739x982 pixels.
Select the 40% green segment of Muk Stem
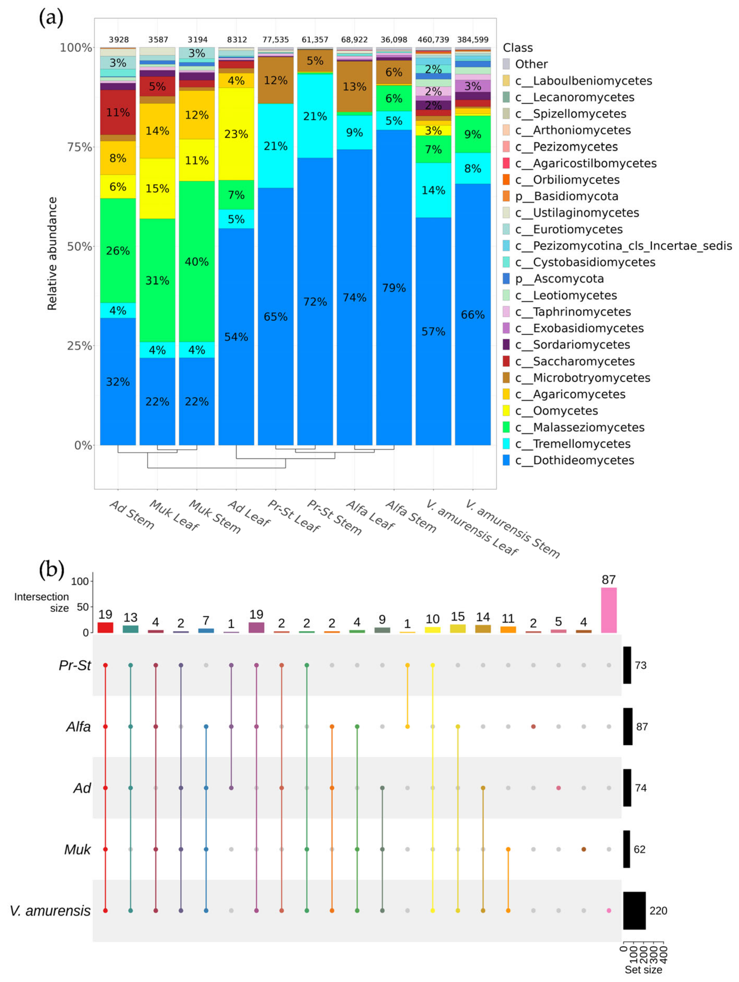[197, 261]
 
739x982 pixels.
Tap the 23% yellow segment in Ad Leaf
[236, 134]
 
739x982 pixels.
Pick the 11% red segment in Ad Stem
[118, 112]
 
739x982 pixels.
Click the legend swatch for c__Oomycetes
[506, 411]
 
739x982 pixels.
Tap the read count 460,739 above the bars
[433, 40]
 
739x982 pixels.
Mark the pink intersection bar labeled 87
[608, 610]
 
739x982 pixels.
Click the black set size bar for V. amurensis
[634, 910]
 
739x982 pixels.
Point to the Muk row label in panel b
[77, 849]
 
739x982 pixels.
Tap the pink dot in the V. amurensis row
[608, 910]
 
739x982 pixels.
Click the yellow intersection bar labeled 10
[432, 630]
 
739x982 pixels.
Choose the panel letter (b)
[51, 569]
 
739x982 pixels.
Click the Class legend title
[517, 47]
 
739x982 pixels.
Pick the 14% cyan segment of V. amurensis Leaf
[433, 190]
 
